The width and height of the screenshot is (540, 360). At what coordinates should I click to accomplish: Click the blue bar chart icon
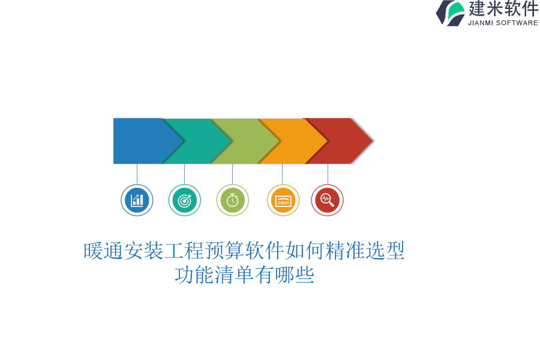coord(137,200)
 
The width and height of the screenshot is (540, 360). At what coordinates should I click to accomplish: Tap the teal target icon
coord(185,200)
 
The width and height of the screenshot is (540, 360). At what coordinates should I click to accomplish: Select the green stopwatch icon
coord(232,200)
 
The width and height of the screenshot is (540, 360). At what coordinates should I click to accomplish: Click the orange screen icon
coord(283,200)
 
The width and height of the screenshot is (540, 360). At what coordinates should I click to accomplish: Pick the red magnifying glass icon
coord(327,200)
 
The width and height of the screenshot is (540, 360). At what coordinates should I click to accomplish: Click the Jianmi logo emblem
coord(451,13)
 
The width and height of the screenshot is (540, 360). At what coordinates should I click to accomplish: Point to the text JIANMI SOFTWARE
coord(503,23)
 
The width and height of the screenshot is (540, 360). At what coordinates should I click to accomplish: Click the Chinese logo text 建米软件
coord(503,8)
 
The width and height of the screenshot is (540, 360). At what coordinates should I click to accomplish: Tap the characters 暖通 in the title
coord(104,251)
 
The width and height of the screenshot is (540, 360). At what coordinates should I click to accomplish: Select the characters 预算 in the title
coord(225,251)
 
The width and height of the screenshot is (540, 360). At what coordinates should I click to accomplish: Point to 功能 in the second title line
coord(194,275)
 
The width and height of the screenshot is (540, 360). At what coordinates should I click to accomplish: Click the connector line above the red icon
coord(328,174)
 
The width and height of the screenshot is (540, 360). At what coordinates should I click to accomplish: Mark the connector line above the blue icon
coord(137,174)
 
